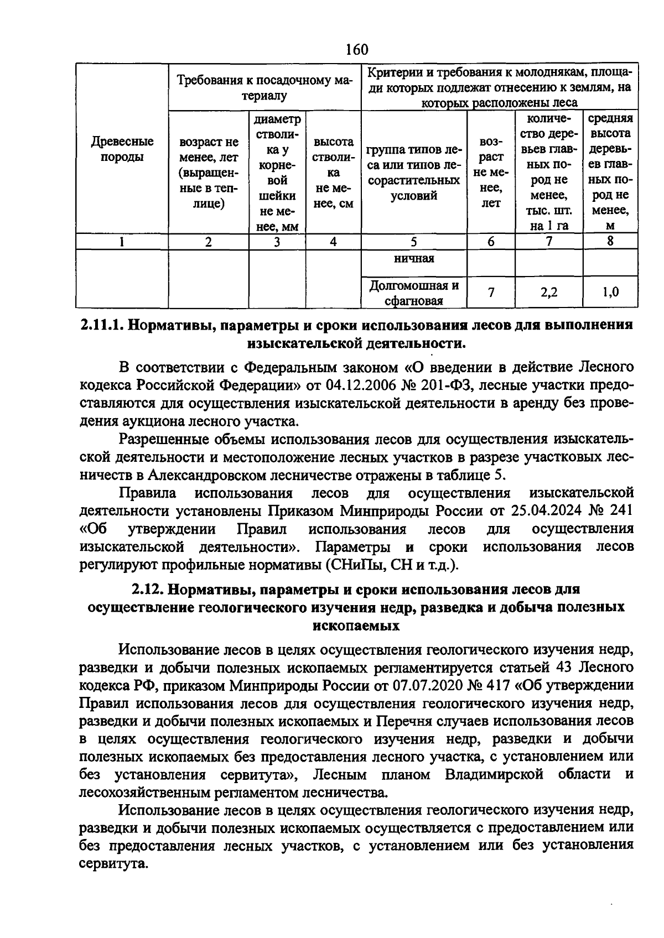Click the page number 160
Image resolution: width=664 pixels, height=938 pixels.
pos(356,49)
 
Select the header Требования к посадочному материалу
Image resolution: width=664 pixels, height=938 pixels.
pos(264,87)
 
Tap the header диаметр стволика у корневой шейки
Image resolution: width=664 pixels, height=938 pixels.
pos(277,173)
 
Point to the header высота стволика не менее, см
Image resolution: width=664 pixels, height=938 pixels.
pos(333,173)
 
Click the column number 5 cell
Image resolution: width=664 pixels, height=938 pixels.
pos(413,242)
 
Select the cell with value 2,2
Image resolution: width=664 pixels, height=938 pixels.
pos(548,292)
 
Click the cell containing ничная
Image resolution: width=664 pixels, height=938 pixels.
pos(414,259)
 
